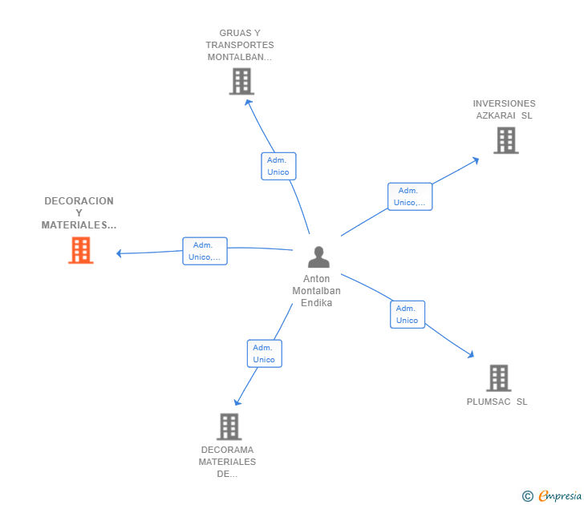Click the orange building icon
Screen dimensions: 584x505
[x=81, y=250]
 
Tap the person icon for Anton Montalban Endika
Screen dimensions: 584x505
[x=318, y=257]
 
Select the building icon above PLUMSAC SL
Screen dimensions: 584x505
[x=499, y=378]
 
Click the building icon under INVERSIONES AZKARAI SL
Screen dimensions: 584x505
[x=506, y=140]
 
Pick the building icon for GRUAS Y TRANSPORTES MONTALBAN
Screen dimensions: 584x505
[x=241, y=81]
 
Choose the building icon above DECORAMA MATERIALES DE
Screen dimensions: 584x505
[x=229, y=426]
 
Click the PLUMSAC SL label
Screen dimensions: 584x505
[x=497, y=402]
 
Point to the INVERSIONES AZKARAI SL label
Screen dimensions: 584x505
[x=505, y=109]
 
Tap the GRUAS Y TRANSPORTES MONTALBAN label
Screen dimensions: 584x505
[x=240, y=45]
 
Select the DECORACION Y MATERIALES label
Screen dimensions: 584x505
[x=79, y=213]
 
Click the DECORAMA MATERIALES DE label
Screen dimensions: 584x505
[x=227, y=462]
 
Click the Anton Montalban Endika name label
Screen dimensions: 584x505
[x=317, y=291]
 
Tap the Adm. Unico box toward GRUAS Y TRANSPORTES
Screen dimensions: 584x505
[x=278, y=166]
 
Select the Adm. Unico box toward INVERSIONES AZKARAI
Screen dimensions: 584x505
[x=410, y=196]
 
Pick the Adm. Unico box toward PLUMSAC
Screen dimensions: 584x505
[x=408, y=314]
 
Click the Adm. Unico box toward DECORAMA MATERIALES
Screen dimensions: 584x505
[x=265, y=353]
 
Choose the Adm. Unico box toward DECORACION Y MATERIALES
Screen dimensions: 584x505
[x=205, y=251]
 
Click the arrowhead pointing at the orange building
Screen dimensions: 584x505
[x=120, y=253]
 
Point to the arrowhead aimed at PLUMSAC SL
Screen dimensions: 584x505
[x=471, y=354]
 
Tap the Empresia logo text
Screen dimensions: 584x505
[x=560, y=495]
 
